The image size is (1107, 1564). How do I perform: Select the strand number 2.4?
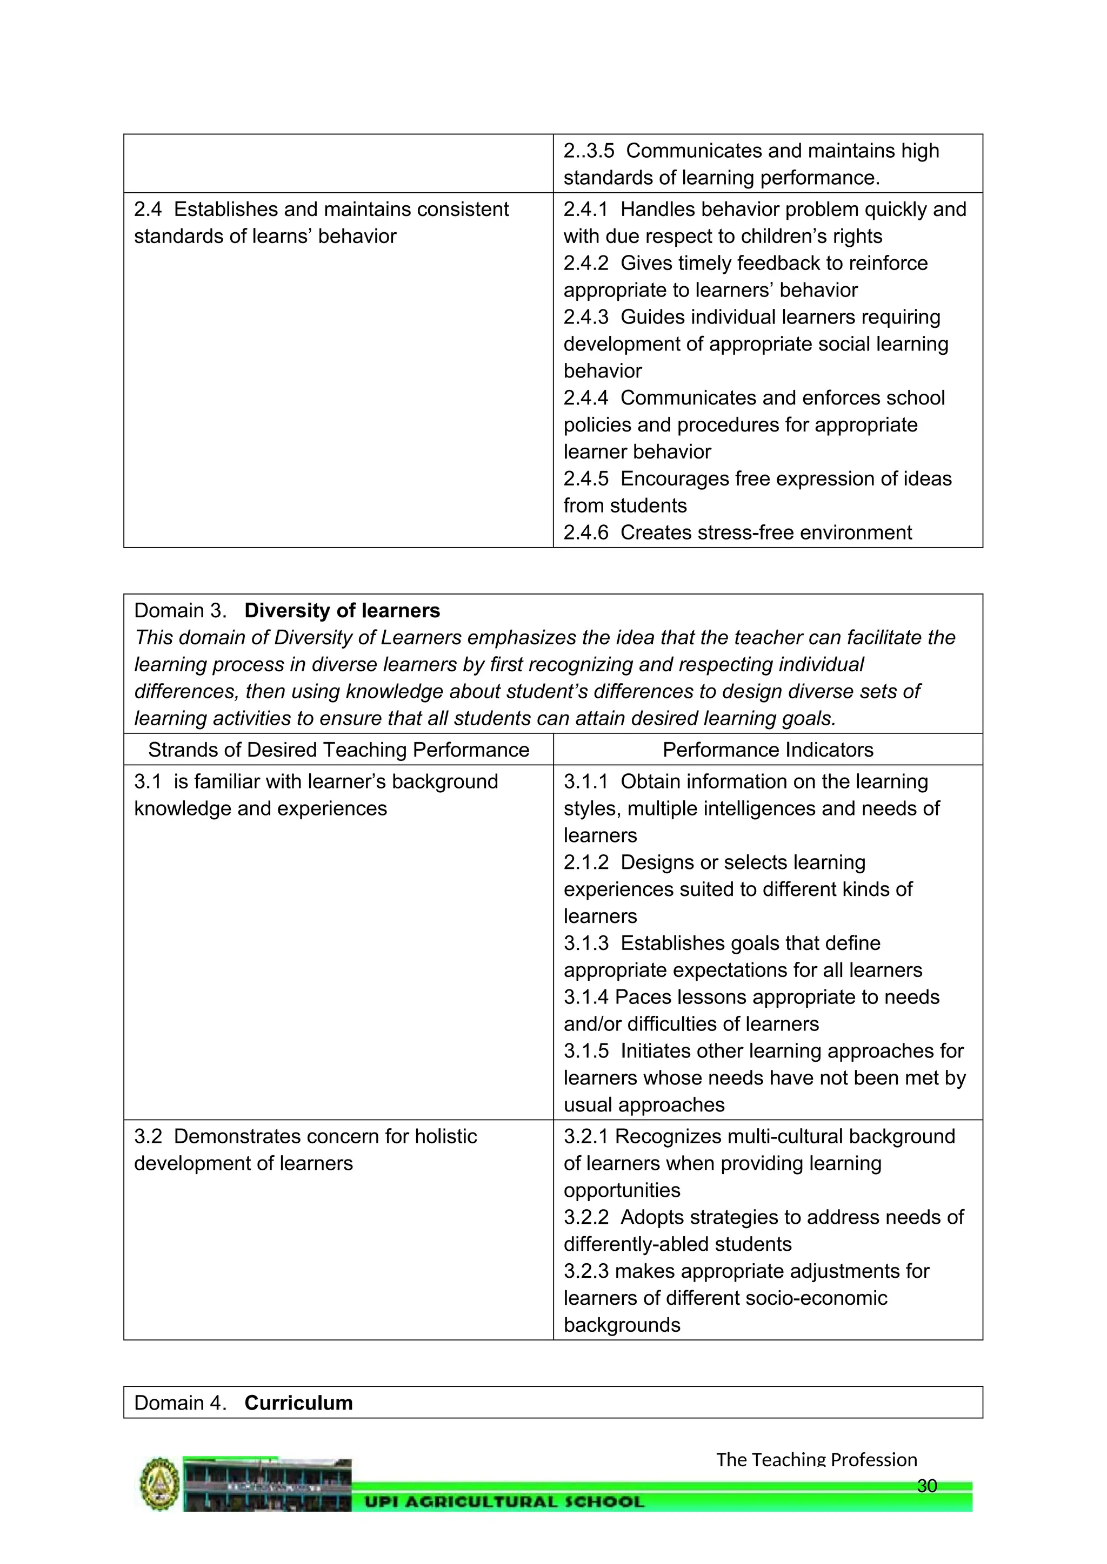click(147, 209)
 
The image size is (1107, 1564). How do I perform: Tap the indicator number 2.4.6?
click(585, 532)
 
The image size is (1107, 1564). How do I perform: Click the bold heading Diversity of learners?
click(342, 610)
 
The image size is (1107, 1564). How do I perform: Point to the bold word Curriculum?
click(298, 1403)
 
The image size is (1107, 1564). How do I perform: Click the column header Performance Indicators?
click(768, 750)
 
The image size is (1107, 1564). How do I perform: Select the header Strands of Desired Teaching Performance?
click(339, 750)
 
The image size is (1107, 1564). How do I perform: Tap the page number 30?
click(926, 1486)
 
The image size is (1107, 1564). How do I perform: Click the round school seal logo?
click(159, 1485)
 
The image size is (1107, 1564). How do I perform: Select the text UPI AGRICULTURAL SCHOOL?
click(504, 1501)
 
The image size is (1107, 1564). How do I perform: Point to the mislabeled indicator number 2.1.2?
click(585, 862)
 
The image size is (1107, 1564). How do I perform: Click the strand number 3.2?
click(147, 1136)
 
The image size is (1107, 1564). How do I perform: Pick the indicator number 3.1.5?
click(585, 1051)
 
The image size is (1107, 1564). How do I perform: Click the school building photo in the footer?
click(267, 1485)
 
